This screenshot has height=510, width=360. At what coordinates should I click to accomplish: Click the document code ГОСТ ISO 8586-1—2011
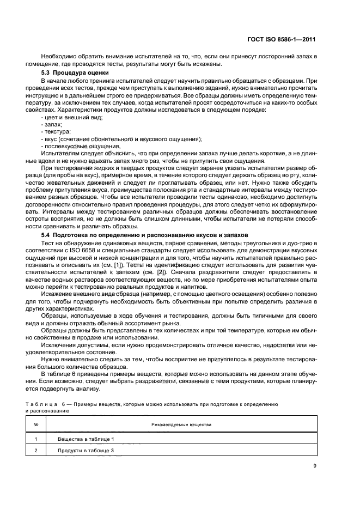pos(285,40)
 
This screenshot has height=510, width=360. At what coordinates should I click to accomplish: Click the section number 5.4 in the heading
pos(47,234)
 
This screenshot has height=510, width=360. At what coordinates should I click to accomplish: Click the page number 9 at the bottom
pos(315,466)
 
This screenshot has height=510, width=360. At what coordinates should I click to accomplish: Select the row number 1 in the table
pos(35,439)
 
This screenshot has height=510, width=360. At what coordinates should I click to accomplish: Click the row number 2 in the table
pos(35,451)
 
